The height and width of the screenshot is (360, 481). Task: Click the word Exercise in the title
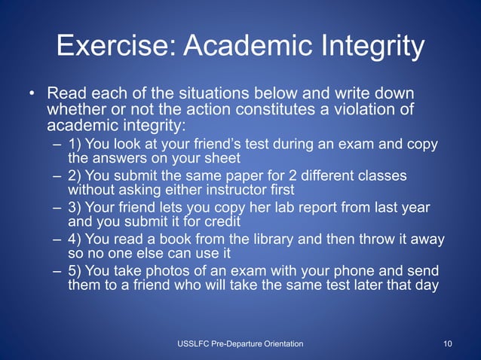tap(115, 47)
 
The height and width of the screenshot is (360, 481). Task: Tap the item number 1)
tap(78, 144)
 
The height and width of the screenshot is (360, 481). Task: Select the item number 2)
tap(78, 175)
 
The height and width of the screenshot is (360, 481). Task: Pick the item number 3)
tap(78, 208)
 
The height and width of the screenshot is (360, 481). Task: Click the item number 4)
tap(78, 239)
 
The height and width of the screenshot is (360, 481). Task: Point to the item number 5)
tap(78, 271)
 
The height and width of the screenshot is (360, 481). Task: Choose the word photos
tap(166, 271)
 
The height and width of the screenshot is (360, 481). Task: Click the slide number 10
tap(448, 344)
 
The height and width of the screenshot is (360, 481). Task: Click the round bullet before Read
tap(32, 95)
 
